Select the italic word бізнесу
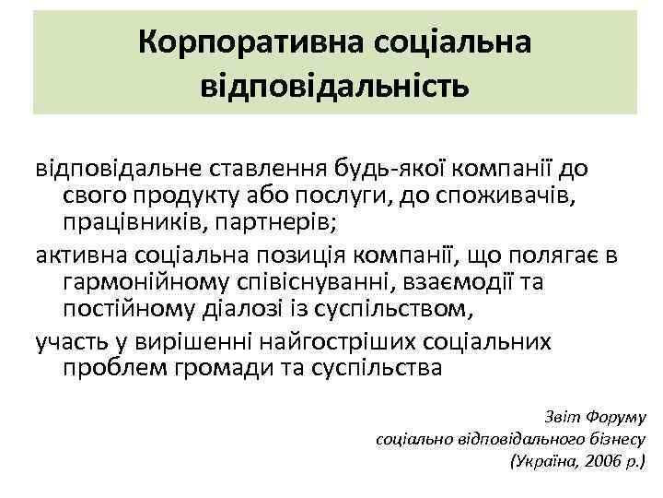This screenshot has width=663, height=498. [613, 437]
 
